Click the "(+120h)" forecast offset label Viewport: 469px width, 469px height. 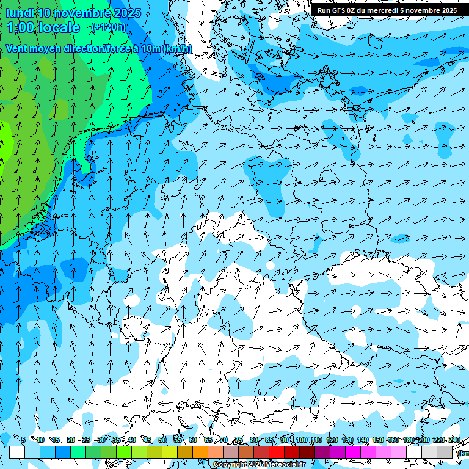[109, 27]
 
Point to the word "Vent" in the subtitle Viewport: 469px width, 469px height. [18, 48]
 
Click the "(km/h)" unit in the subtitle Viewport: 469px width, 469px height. [177, 48]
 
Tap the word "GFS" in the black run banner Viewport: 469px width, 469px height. [339, 10]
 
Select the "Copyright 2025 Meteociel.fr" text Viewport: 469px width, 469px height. [259, 465]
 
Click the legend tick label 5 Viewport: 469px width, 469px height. [23, 440]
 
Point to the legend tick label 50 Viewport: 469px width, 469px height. [162, 440]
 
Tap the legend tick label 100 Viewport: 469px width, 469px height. [301, 440]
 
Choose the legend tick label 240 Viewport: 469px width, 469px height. [455, 440]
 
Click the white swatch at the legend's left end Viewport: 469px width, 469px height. [17, 452]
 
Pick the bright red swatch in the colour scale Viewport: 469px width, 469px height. [277, 452]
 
